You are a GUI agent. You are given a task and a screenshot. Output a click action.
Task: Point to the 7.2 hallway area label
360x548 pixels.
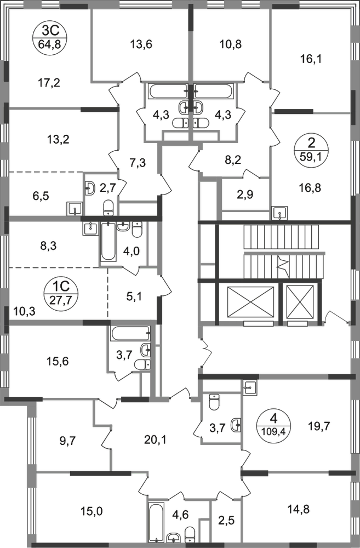[x=135, y=163]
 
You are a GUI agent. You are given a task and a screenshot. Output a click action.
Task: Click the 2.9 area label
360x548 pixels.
[x=241, y=196]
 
